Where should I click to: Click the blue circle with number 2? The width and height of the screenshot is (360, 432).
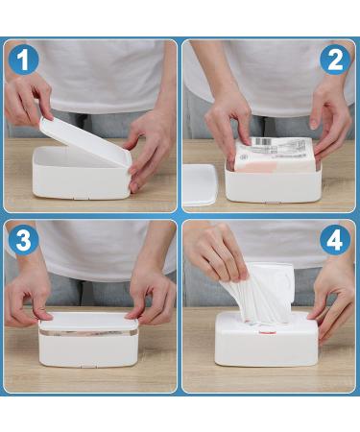tap(333, 60)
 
